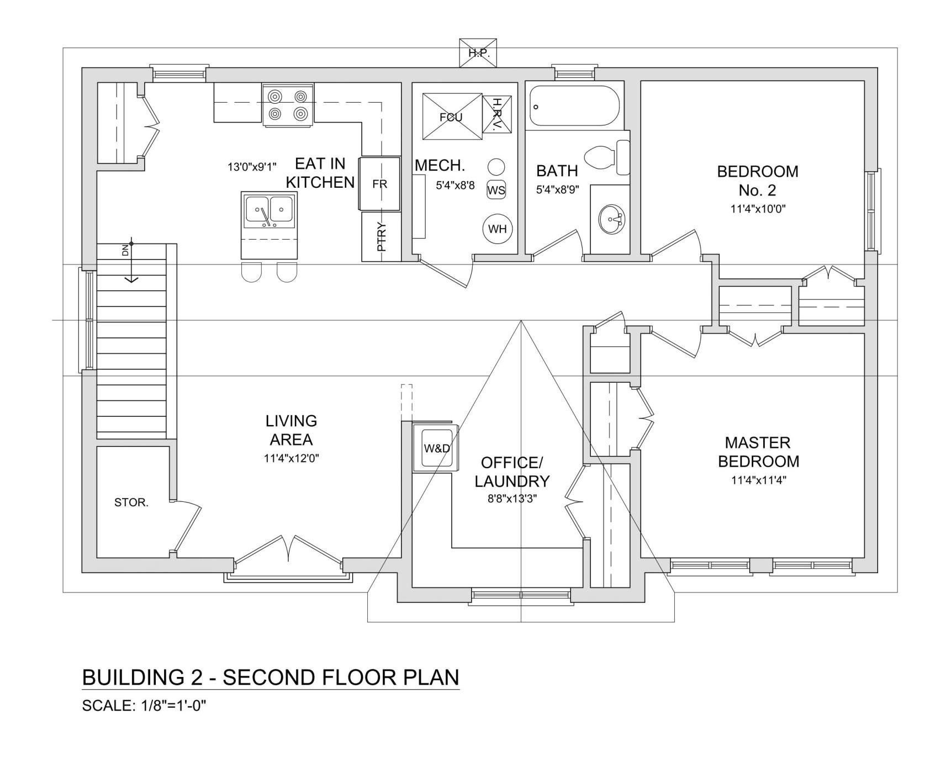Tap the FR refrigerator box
(379, 184)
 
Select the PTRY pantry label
(381, 237)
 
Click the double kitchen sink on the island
(269, 210)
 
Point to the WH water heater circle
(497, 229)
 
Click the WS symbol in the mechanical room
(496, 190)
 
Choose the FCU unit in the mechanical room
(452, 117)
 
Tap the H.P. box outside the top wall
(478, 53)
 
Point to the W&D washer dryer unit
(436, 448)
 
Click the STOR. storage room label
(131, 502)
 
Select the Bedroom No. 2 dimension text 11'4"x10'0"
(758, 209)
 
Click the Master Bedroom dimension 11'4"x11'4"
(758, 480)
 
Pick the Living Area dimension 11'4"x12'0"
(292, 458)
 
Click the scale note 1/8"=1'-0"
(172, 706)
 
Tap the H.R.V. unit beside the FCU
(496, 114)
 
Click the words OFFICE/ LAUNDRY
(512, 472)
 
